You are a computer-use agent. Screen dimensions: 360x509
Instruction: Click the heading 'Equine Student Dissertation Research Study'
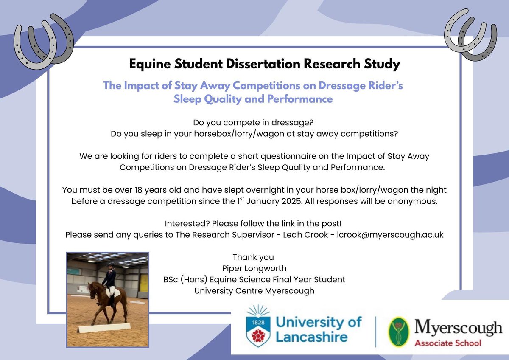pyautogui.click(x=264, y=65)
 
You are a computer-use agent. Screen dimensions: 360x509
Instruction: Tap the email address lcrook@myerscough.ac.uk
pyautogui.click(x=390, y=235)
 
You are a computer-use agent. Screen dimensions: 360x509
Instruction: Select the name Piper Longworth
pyautogui.click(x=253, y=268)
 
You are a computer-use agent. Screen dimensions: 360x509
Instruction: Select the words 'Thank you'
pyautogui.click(x=253, y=257)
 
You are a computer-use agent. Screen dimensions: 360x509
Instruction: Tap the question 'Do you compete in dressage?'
pyautogui.click(x=253, y=123)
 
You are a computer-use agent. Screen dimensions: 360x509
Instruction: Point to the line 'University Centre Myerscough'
pyautogui.click(x=253, y=291)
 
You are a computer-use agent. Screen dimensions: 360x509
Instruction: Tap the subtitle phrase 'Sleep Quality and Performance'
pyautogui.click(x=253, y=99)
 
